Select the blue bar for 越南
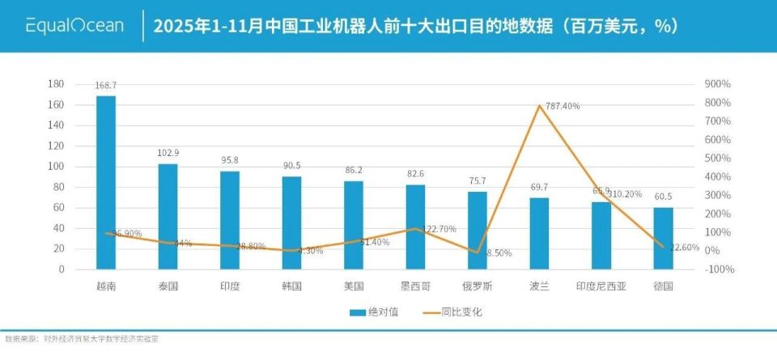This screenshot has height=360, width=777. pyautogui.click(x=106, y=182)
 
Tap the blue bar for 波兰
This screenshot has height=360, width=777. pyautogui.click(x=540, y=233)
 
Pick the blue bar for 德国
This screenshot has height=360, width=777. pyautogui.click(x=664, y=238)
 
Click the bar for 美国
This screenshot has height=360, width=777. pyautogui.click(x=354, y=224)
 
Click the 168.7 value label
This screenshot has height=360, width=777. pyautogui.click(x=106, y=85)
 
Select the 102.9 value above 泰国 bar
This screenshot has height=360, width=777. pyautogui.click(x=168, y=153)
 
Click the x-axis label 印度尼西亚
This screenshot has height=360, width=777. pyautogui.click(x=601, y=286)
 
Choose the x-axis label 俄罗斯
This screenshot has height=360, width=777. pyautogui.click(x=478, y=286)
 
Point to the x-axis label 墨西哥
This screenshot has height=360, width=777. pyautogui.click(x=415, y=286)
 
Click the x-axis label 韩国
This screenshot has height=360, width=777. pyautogui.click(x=291, y=286)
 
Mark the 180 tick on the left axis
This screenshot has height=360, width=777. pyautogui.click(x=56, y=84)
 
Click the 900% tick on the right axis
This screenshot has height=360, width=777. pyautogui.click(x=718, y=84)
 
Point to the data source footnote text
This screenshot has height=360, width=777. pyautogui.click(x=81, y=339)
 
